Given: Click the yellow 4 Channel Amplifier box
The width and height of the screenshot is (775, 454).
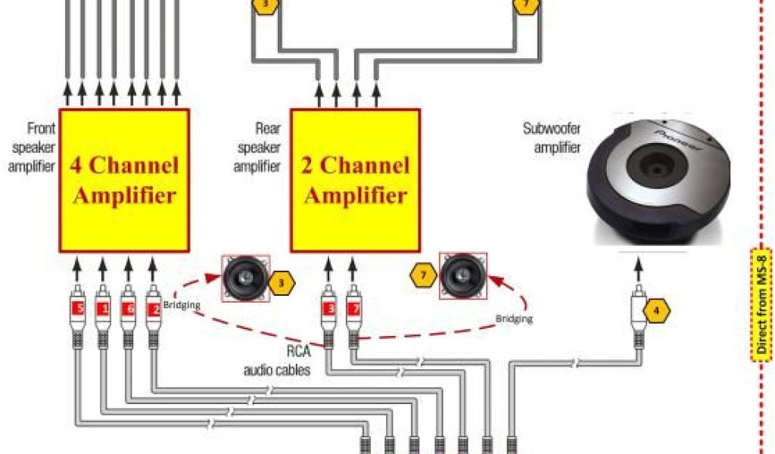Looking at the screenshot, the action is tap(124, 180).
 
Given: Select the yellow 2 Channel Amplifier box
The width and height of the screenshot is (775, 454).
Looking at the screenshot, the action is tap(356, 180).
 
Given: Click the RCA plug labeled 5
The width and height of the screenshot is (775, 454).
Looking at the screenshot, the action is tap(78, 309).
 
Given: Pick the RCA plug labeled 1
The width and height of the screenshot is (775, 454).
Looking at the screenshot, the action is tap(103, 309).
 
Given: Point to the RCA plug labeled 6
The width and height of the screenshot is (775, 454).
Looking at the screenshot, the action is tap(129, 309).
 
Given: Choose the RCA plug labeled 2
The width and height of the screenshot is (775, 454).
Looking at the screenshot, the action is tap(154, 309).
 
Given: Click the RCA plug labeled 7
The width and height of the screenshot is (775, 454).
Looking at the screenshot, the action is tap(353, 309).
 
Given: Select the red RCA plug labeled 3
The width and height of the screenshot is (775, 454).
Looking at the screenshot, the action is tap(328, 309).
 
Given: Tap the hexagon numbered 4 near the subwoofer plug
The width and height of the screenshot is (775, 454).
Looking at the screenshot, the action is tap(657, 309).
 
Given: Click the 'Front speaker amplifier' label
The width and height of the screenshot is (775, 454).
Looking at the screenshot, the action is tap(32, 146).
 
